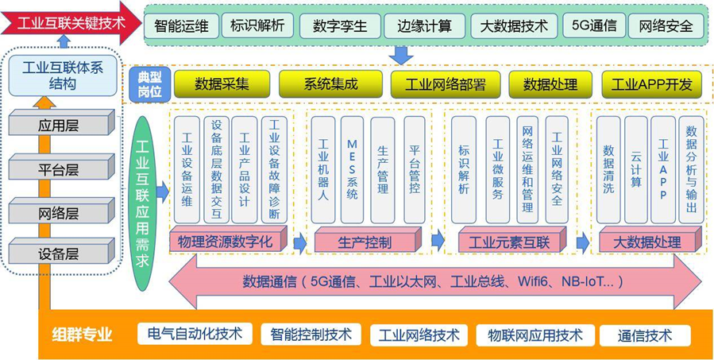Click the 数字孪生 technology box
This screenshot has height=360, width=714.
340,26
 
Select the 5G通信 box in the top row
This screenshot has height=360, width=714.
593,25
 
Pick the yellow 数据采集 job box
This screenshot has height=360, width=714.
222,83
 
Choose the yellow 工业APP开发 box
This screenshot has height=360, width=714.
650,83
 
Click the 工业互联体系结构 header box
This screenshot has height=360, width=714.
65,74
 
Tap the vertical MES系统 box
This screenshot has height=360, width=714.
352,169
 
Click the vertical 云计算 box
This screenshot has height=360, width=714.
635,169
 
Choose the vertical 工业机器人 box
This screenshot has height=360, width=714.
322,169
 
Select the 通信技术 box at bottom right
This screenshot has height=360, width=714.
644,335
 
